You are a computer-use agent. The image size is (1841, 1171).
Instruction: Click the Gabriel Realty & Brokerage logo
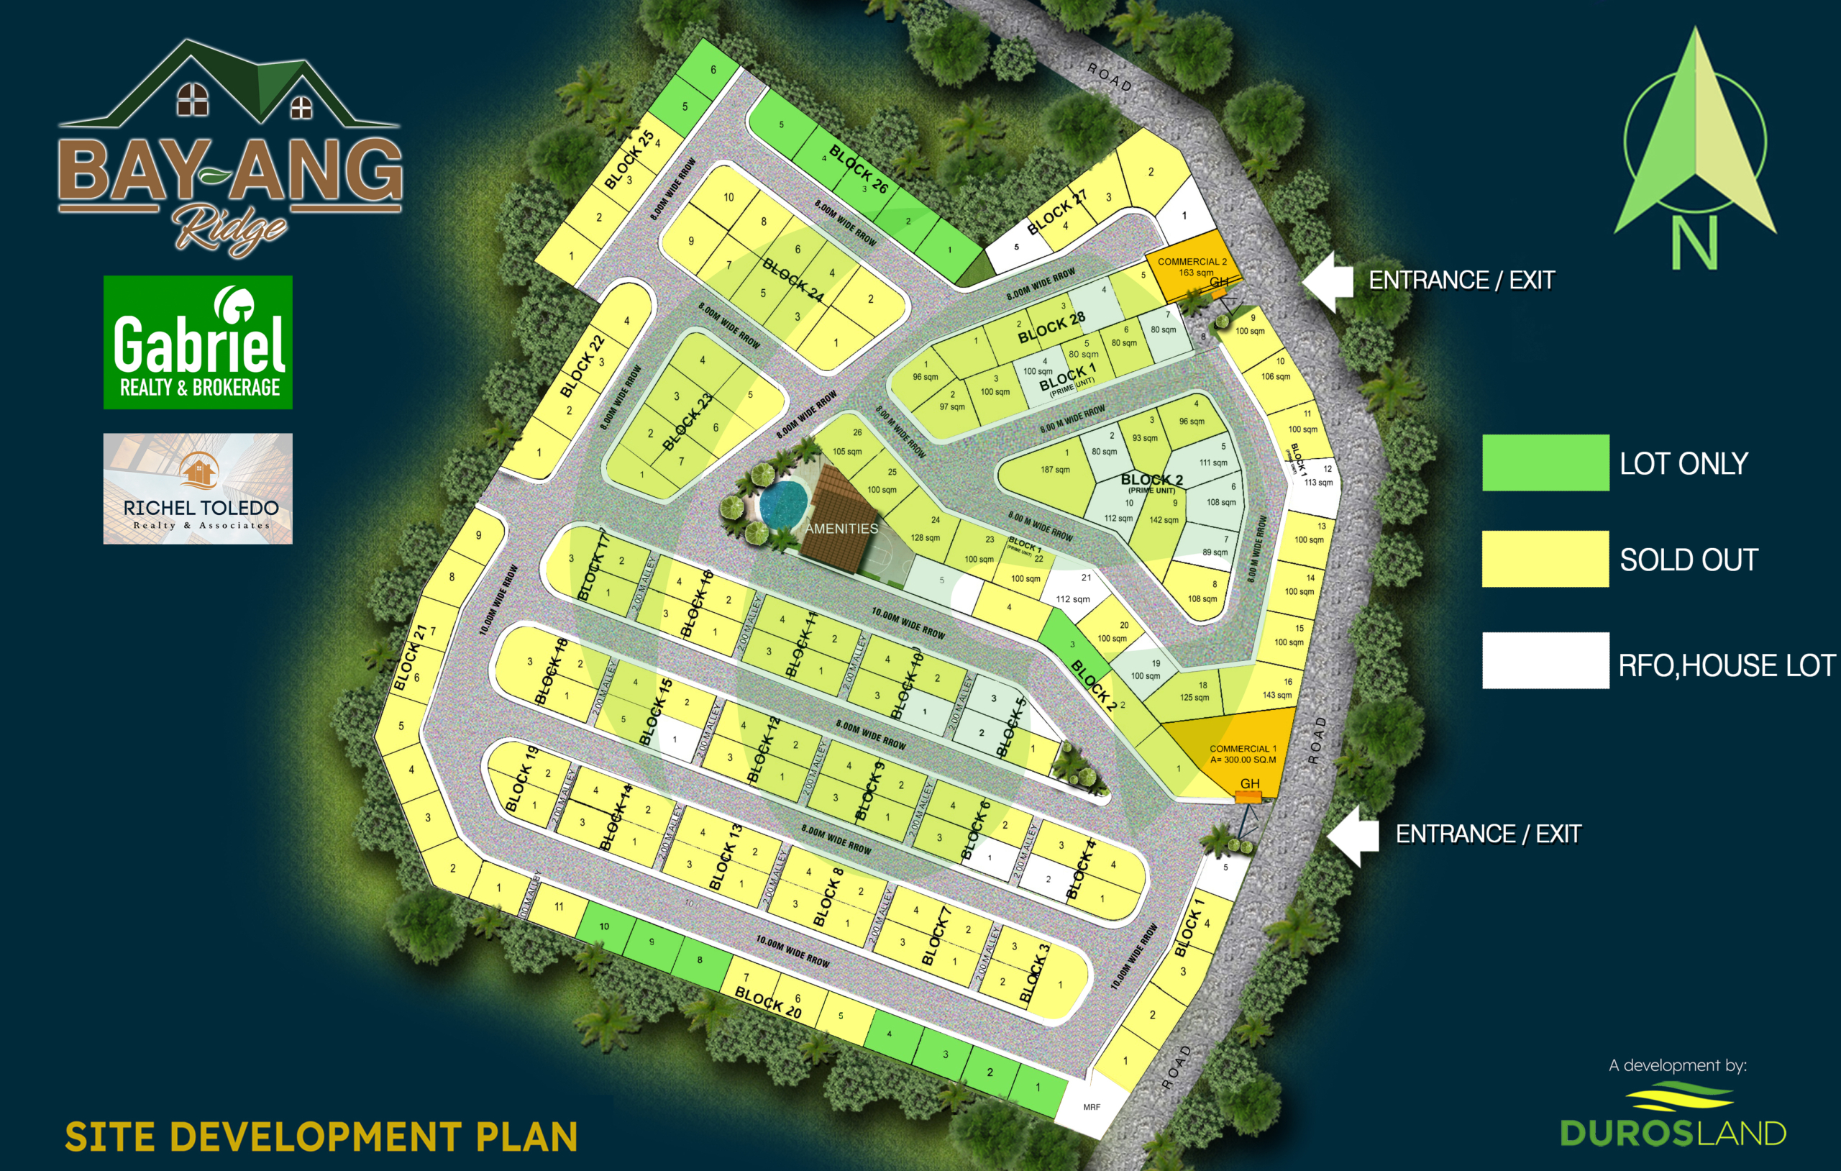198,342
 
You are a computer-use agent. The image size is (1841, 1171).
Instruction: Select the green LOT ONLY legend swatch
1545,463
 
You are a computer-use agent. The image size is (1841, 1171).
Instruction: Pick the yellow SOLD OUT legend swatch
1545,559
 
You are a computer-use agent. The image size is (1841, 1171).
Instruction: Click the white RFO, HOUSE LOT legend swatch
1545,661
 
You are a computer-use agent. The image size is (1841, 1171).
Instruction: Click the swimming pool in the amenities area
783,504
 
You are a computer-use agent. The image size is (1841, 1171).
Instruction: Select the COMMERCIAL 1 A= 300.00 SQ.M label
1243,754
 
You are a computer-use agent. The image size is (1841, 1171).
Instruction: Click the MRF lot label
1092,1107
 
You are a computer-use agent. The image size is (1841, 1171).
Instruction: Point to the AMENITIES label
841,529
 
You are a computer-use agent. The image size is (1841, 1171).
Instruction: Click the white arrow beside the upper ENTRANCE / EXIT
1329,281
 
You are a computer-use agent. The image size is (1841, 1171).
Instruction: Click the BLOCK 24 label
792,280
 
